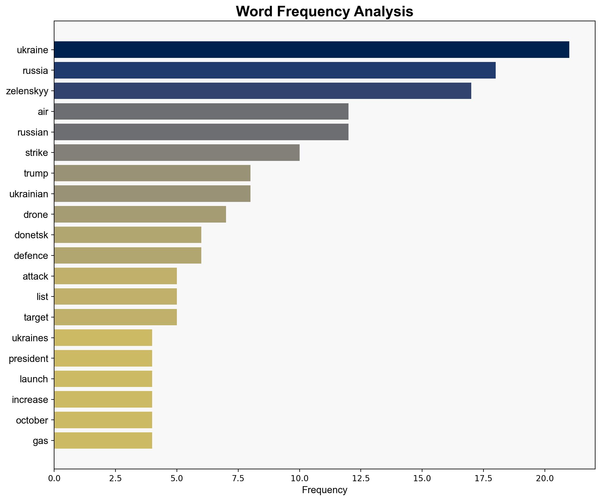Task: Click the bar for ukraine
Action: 311,50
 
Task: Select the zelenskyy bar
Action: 262,91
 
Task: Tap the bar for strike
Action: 177,152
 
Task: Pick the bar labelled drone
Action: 140,214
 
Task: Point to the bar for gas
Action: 103,440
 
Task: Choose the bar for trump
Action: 152,173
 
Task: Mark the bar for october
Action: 103,420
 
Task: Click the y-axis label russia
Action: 35,70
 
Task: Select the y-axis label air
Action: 43,112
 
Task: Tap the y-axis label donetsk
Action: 31,235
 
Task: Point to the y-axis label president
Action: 28,358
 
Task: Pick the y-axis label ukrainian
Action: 29,194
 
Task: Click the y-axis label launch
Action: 34,379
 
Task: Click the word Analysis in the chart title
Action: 383,12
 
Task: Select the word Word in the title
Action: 254,12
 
